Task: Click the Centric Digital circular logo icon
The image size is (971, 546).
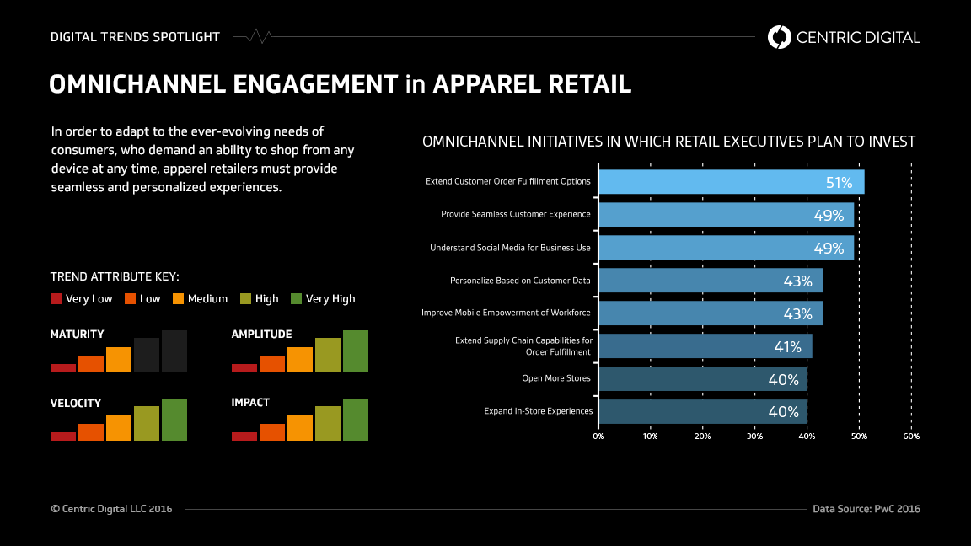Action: pos(780,37)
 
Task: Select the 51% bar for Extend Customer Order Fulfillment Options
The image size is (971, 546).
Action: pos(730,182)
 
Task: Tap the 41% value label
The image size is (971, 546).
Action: pos(787,346)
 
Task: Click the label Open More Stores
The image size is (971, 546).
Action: pos(555,378)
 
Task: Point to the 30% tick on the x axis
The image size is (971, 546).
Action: pos(754,436)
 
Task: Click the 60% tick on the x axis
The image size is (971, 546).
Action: pos(911,436)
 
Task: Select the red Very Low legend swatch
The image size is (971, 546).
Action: pos(56,298)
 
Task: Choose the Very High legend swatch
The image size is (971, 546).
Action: pos(296,298)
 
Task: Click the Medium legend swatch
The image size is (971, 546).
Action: pos(179,298)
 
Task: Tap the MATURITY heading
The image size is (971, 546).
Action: pos(77,335)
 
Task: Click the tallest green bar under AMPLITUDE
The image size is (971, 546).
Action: pos(355,351)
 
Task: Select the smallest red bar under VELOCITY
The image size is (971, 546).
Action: pos(63,436)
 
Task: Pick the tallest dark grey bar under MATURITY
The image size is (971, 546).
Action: pos(174,351)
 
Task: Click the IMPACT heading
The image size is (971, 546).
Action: pos(250,403)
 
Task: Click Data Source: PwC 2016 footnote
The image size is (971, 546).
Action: pos(866,509)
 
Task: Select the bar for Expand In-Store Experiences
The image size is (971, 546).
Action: pos(702,411)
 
